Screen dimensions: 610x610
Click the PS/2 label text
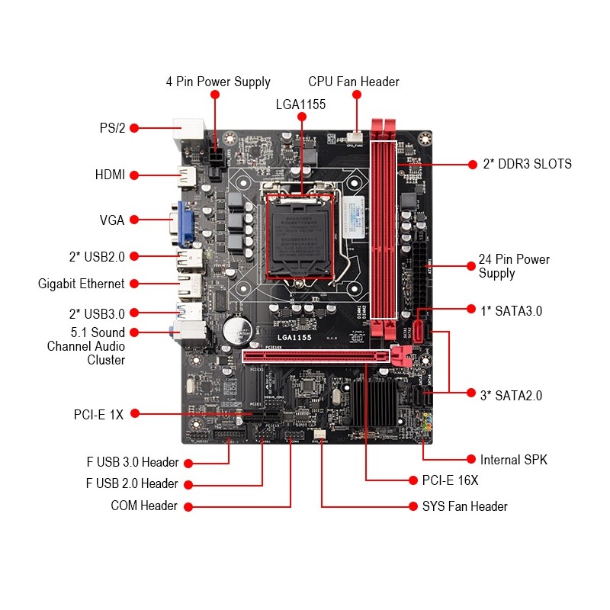point(111,128)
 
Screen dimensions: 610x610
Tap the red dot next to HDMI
point(134,175)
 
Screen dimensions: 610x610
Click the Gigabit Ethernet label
point(81,284)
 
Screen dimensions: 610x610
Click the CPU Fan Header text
point(354,82)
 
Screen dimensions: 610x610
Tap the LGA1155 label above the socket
point(300,104)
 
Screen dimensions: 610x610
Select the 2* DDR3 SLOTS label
point(527,164)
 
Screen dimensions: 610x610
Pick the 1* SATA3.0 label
point(510,310)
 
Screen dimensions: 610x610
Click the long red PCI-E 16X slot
point(316,355)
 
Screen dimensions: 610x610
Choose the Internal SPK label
point(513,460)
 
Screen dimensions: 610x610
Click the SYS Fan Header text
point(464,506)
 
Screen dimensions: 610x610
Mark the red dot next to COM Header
point(188,506)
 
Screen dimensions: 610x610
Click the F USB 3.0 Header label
point(132,462)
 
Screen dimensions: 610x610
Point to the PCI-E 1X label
point(98,415)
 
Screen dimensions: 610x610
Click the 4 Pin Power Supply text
point(218,82)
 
